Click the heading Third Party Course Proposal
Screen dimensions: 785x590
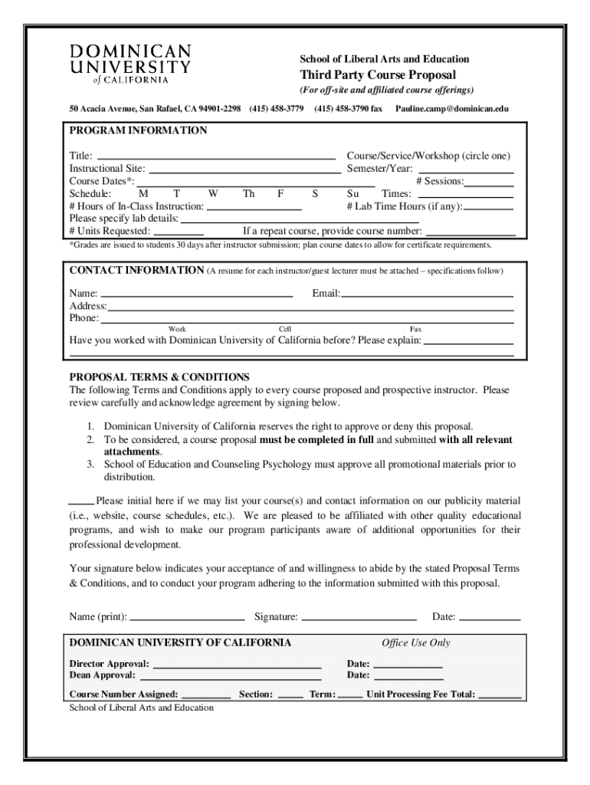tap(377, 75)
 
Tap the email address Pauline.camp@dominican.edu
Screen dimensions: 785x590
tap(451, 109)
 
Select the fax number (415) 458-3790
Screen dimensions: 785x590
tap(348, 109)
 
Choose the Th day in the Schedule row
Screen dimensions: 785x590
tap(248, 194)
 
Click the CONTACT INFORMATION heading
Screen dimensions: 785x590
tap(136, 271)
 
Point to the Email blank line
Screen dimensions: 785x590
tap(427, 294)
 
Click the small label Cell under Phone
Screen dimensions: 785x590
tap(284, 329)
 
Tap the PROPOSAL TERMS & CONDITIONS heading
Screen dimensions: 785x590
tap(159, 377)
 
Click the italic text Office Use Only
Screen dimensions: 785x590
tap(416, 642)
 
